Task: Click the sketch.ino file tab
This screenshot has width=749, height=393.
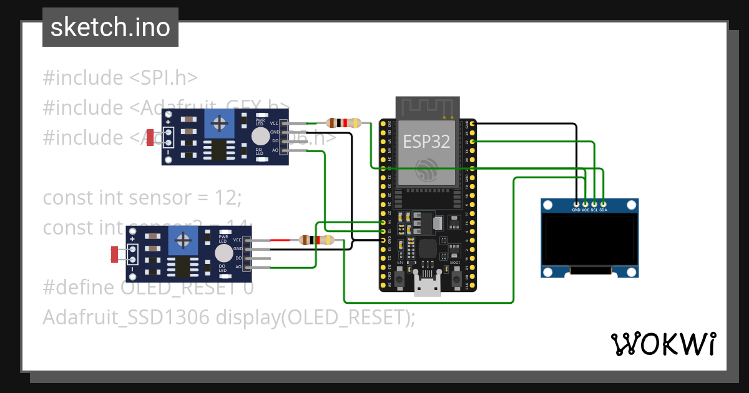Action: coord(110,27)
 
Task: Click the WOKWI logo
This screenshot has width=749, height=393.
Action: coord(662,344)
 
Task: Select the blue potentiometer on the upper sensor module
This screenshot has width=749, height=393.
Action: coord(219,124)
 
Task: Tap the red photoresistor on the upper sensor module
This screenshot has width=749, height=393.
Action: coord(150,136)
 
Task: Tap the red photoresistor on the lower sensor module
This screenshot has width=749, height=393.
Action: coord(115,254)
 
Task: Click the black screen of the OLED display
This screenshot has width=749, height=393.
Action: coord(590,240)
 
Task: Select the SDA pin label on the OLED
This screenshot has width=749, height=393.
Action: coord(603,210)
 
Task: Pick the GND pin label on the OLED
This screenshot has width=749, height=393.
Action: coord(576,210)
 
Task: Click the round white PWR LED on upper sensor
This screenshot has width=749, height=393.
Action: coord(260,136)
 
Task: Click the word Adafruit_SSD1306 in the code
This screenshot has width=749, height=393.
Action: coord(125,318)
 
